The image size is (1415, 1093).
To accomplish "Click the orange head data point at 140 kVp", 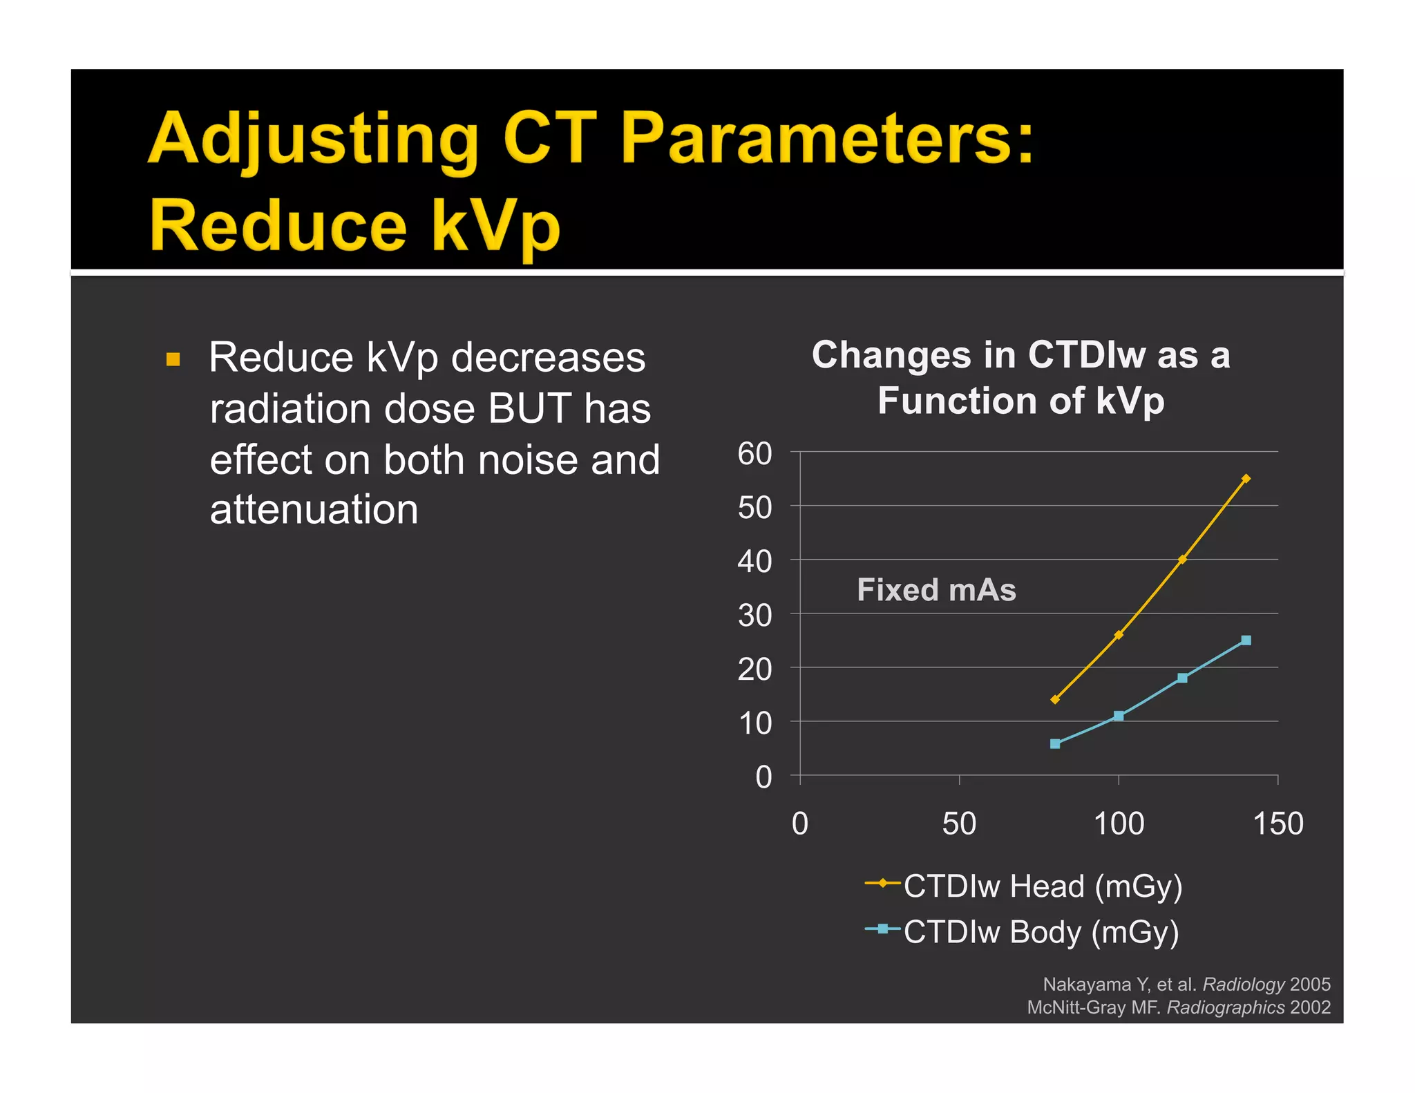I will [x=1246, y=479].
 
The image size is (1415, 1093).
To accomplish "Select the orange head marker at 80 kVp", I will [x=1055, y=700].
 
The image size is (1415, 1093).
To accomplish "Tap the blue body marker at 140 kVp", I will [x=1246, y=640].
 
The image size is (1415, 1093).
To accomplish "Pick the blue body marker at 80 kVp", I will [x=1055, y=744].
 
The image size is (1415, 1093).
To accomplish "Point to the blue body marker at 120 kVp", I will [x=1182, y=678].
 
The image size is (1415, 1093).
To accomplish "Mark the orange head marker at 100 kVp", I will [x=1119, y=635].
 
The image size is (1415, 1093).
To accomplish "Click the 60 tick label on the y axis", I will [x=754, y=454].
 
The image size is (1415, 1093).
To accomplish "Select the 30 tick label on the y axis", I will [x=754, y=616].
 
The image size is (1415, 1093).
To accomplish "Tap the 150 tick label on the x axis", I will [x=1278, y=824].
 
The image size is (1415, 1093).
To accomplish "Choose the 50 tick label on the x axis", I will [x=959, y=824].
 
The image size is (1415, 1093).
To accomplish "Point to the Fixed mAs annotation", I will [x=936, y=590].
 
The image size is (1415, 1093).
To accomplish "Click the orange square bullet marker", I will [x=173, y=359].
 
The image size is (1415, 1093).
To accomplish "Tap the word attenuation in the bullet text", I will [x=314, y=510].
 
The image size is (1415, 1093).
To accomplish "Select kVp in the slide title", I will [x=495, y=226].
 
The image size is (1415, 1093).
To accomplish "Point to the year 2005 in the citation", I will [x=1310, y=985].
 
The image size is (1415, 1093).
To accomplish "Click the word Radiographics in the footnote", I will [x=1225, y=1007].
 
